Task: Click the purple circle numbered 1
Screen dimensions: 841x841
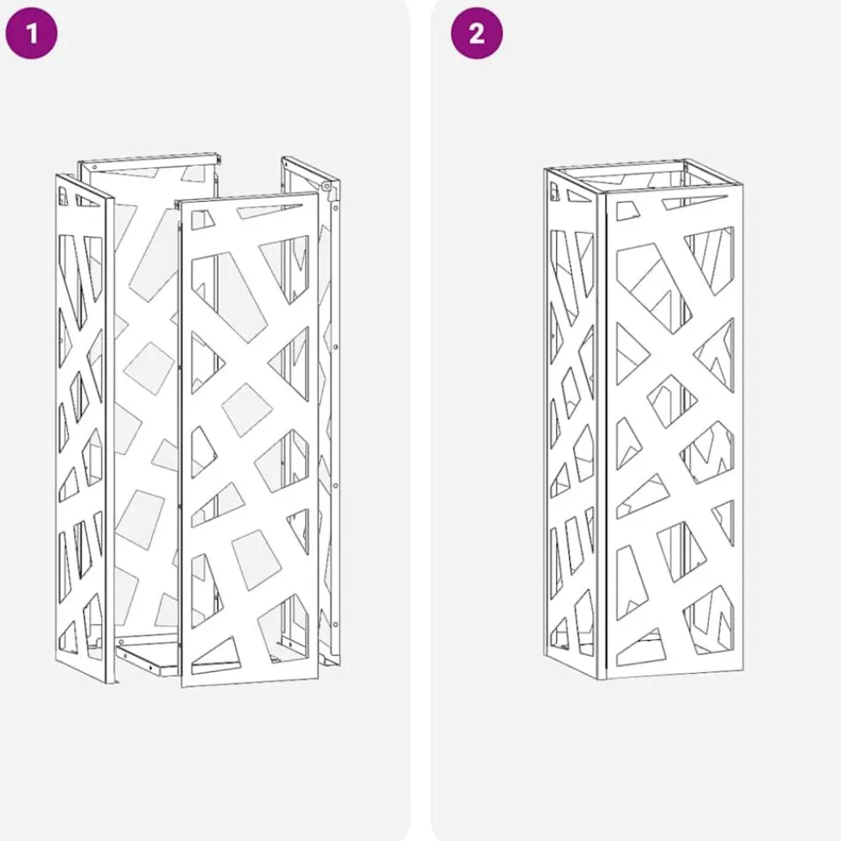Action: point(31,33)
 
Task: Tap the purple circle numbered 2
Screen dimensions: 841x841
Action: point(477,33)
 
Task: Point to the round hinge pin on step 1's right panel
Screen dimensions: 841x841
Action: point(325,186)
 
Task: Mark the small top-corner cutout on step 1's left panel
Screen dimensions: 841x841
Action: point(63,196)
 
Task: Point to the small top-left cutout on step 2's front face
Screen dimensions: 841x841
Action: point(628,211)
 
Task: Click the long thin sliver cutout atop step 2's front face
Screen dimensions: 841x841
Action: point(697,203)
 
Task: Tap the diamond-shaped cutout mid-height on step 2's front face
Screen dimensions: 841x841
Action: point(672,399)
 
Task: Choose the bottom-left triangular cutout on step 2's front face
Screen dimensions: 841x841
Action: point(642,648)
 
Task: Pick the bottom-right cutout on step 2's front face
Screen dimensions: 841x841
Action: point(708,620)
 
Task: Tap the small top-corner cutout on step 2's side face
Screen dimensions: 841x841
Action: point(554,190)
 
